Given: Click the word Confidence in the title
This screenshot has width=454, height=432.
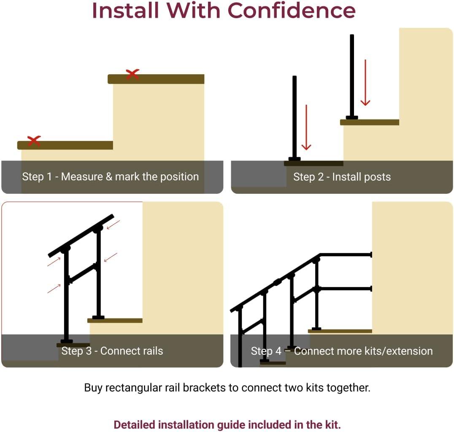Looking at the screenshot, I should [x=292, y=11].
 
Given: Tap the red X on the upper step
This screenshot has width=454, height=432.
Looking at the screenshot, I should [x=132, y=74].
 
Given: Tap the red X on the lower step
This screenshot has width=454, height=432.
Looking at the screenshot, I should [x=34, y=141].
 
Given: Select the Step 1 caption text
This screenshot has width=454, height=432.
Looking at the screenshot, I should [x=110, y=177].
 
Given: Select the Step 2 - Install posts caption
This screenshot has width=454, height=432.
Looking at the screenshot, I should [x=342, y=177].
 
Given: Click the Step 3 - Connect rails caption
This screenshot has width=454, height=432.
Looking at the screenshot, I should [x=112, y=351].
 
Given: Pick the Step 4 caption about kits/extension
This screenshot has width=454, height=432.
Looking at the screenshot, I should [x=342, y=351].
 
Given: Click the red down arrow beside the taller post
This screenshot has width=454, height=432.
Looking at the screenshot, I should [x=365, y=83].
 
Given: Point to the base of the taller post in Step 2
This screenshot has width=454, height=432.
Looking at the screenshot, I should [x=352, y=117].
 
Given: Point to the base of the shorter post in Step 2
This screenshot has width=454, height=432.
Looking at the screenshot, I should [x=295, y=159].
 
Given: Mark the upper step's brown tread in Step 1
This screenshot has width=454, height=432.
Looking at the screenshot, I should [x=156, y=79].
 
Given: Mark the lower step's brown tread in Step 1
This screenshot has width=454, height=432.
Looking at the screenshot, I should [x=65, y=145].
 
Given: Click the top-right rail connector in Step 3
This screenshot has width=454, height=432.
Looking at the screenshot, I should [x=98, y=228].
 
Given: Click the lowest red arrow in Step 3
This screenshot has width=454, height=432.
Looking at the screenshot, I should [x=54, y=288].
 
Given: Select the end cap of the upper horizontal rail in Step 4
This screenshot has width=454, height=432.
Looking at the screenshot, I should [x=371, y=255].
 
